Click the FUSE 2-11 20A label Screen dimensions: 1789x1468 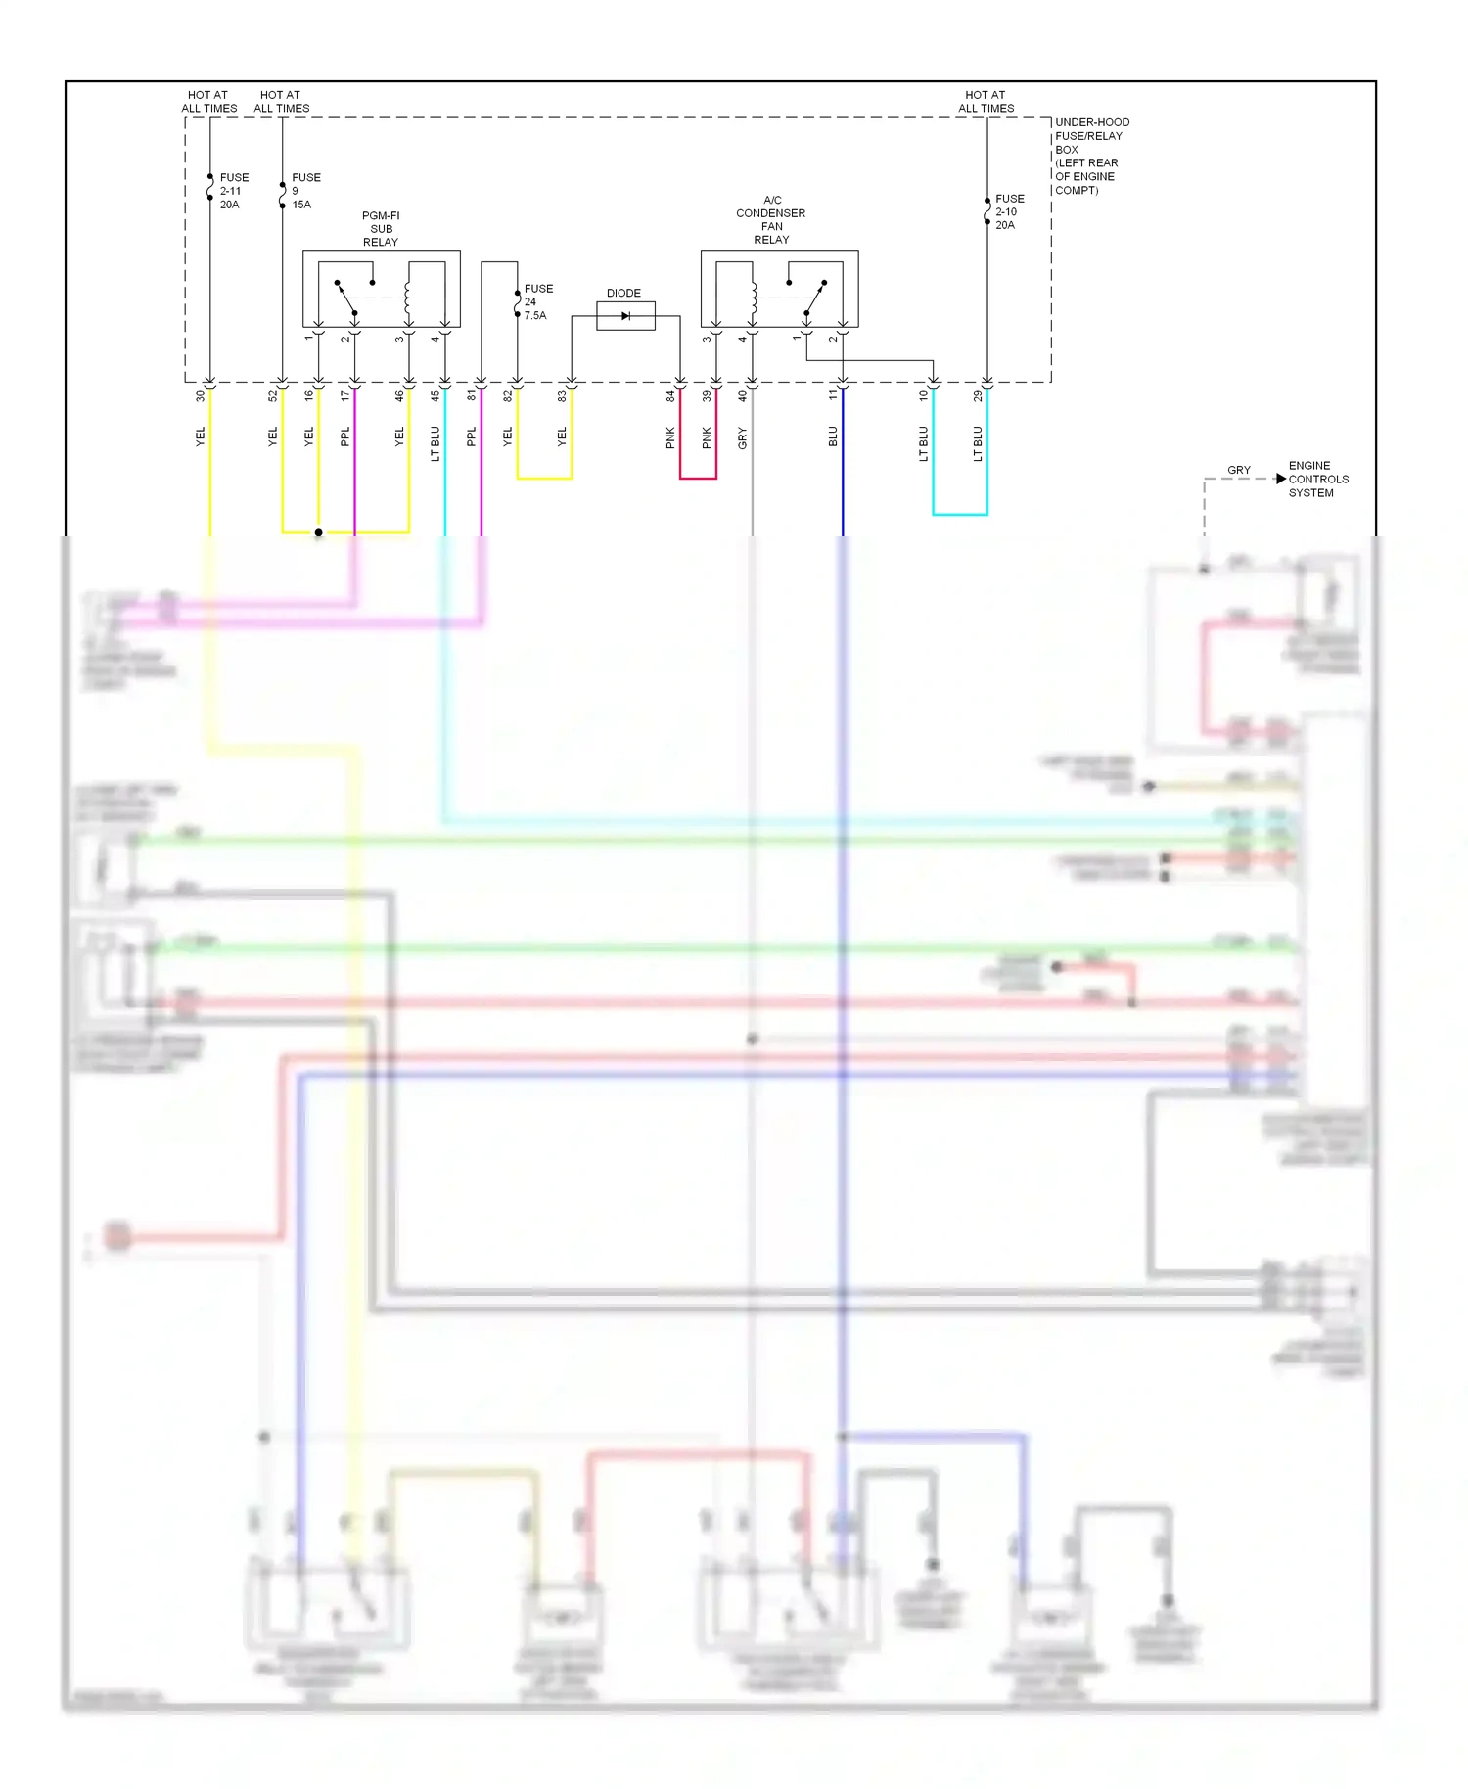tap(233, 191)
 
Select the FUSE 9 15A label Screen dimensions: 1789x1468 tap(304, 191)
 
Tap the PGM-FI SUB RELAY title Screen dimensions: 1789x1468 tap(381, 229)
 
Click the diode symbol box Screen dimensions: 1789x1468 tap(625, 316)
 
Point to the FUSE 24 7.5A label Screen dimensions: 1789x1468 tap(537, 301)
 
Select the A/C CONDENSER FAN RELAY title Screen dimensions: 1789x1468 tap(771, 219)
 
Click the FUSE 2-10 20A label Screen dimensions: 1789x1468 tap(1008, 211)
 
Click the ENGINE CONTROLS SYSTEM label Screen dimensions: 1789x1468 tap(1317, 479)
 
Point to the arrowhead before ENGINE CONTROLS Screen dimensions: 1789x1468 tap(1280, 479)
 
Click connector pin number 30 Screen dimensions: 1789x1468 tap(201, 396)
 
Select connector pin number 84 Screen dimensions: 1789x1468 tap(670, 396)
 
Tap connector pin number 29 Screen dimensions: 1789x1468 tap(978, 396)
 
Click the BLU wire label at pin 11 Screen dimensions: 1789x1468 tap(833, 436)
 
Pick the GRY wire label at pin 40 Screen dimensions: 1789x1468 tap(743, 437)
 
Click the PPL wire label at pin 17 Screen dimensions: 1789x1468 tap(344, 436)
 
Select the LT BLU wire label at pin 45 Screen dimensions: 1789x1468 tap(436, 442)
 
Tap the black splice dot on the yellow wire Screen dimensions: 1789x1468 tap(318, 532)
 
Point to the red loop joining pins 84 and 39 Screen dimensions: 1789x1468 tap(698, 478)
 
